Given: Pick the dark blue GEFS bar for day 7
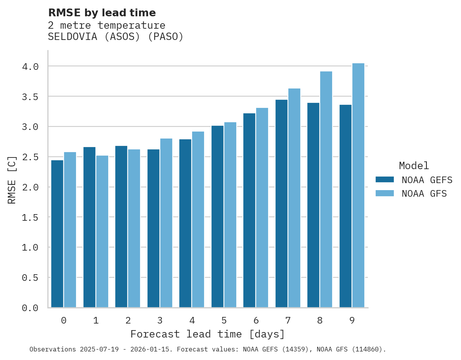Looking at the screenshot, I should [x=281, y=204].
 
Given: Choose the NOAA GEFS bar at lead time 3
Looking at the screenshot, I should [x=153, y=228].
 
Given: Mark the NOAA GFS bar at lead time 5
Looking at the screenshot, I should [x=230, y=215].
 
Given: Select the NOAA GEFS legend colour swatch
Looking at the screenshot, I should [x=385, y=180].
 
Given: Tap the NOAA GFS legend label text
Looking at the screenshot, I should [x=424, y=194].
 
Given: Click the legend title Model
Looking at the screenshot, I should [x=414, y=166].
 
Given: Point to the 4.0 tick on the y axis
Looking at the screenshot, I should [x=30, y=67].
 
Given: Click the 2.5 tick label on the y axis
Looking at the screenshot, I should [x=30, y=157].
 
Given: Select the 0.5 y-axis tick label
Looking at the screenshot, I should [x=30, y=278].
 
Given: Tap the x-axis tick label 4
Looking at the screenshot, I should [x=192, y=320].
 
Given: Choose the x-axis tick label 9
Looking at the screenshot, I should [x=352, y=320].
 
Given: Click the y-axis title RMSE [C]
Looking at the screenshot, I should [x=12, y=180].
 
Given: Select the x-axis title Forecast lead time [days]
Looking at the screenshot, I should [x=208, y=334].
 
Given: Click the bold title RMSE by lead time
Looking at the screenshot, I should [x=102, y=13].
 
